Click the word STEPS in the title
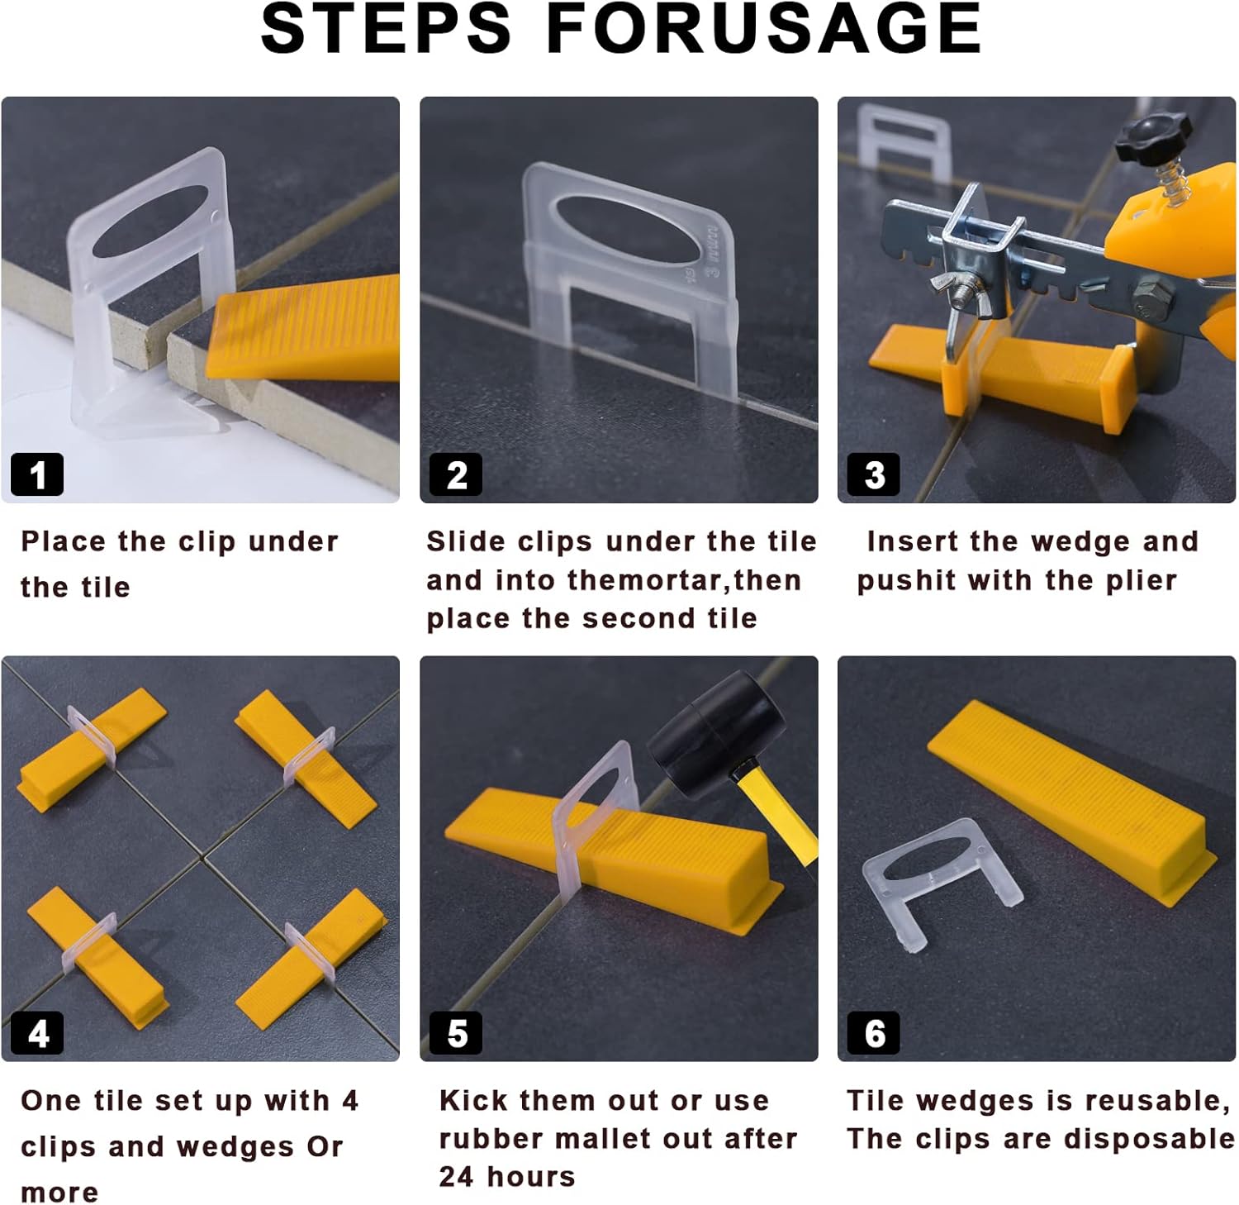click(386, 29)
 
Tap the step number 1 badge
click(37, 475)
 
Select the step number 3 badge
click(874, 475)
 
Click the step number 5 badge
click(456, 1034)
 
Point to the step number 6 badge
click(874, 1034)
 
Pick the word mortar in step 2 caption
click(672, 580)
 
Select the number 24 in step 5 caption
click(456, 1176)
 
